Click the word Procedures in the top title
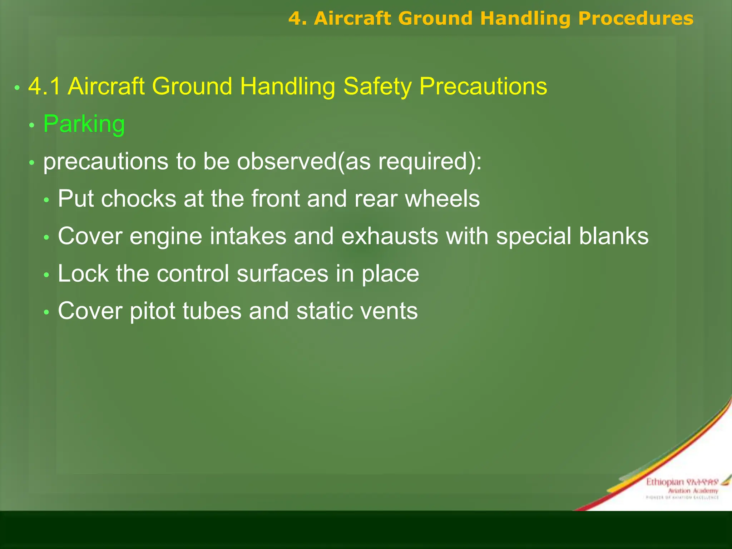pyautogui.click(x=635, y=19)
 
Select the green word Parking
pyautogui.click(x=84, y=124)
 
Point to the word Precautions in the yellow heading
pyautogui.click(x=483, y=86)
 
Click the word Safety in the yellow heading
pyautogui.click(x=377, y=86)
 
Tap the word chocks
pyautogui.click(x=139, y=199)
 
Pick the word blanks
pyautogui.click(x=614, y=236)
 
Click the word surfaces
pyautogui.click(x=282, y=274)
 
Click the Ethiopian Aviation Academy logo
pyautogui.click(x=682, y=488)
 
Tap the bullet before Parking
pyautogui.click(x=32, y=125)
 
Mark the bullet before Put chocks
pyautogui.click(x=46, y=200)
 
